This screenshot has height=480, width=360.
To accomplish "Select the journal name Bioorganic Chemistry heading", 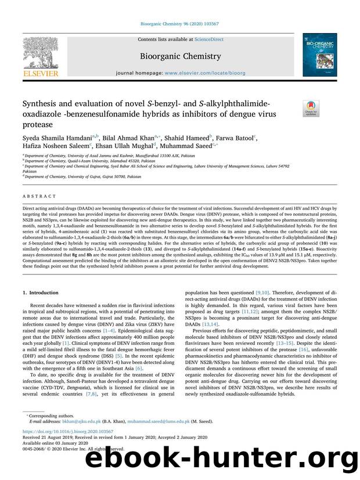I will tap(179, 56).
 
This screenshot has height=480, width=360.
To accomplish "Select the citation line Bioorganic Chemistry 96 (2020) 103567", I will tap(179, 24).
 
